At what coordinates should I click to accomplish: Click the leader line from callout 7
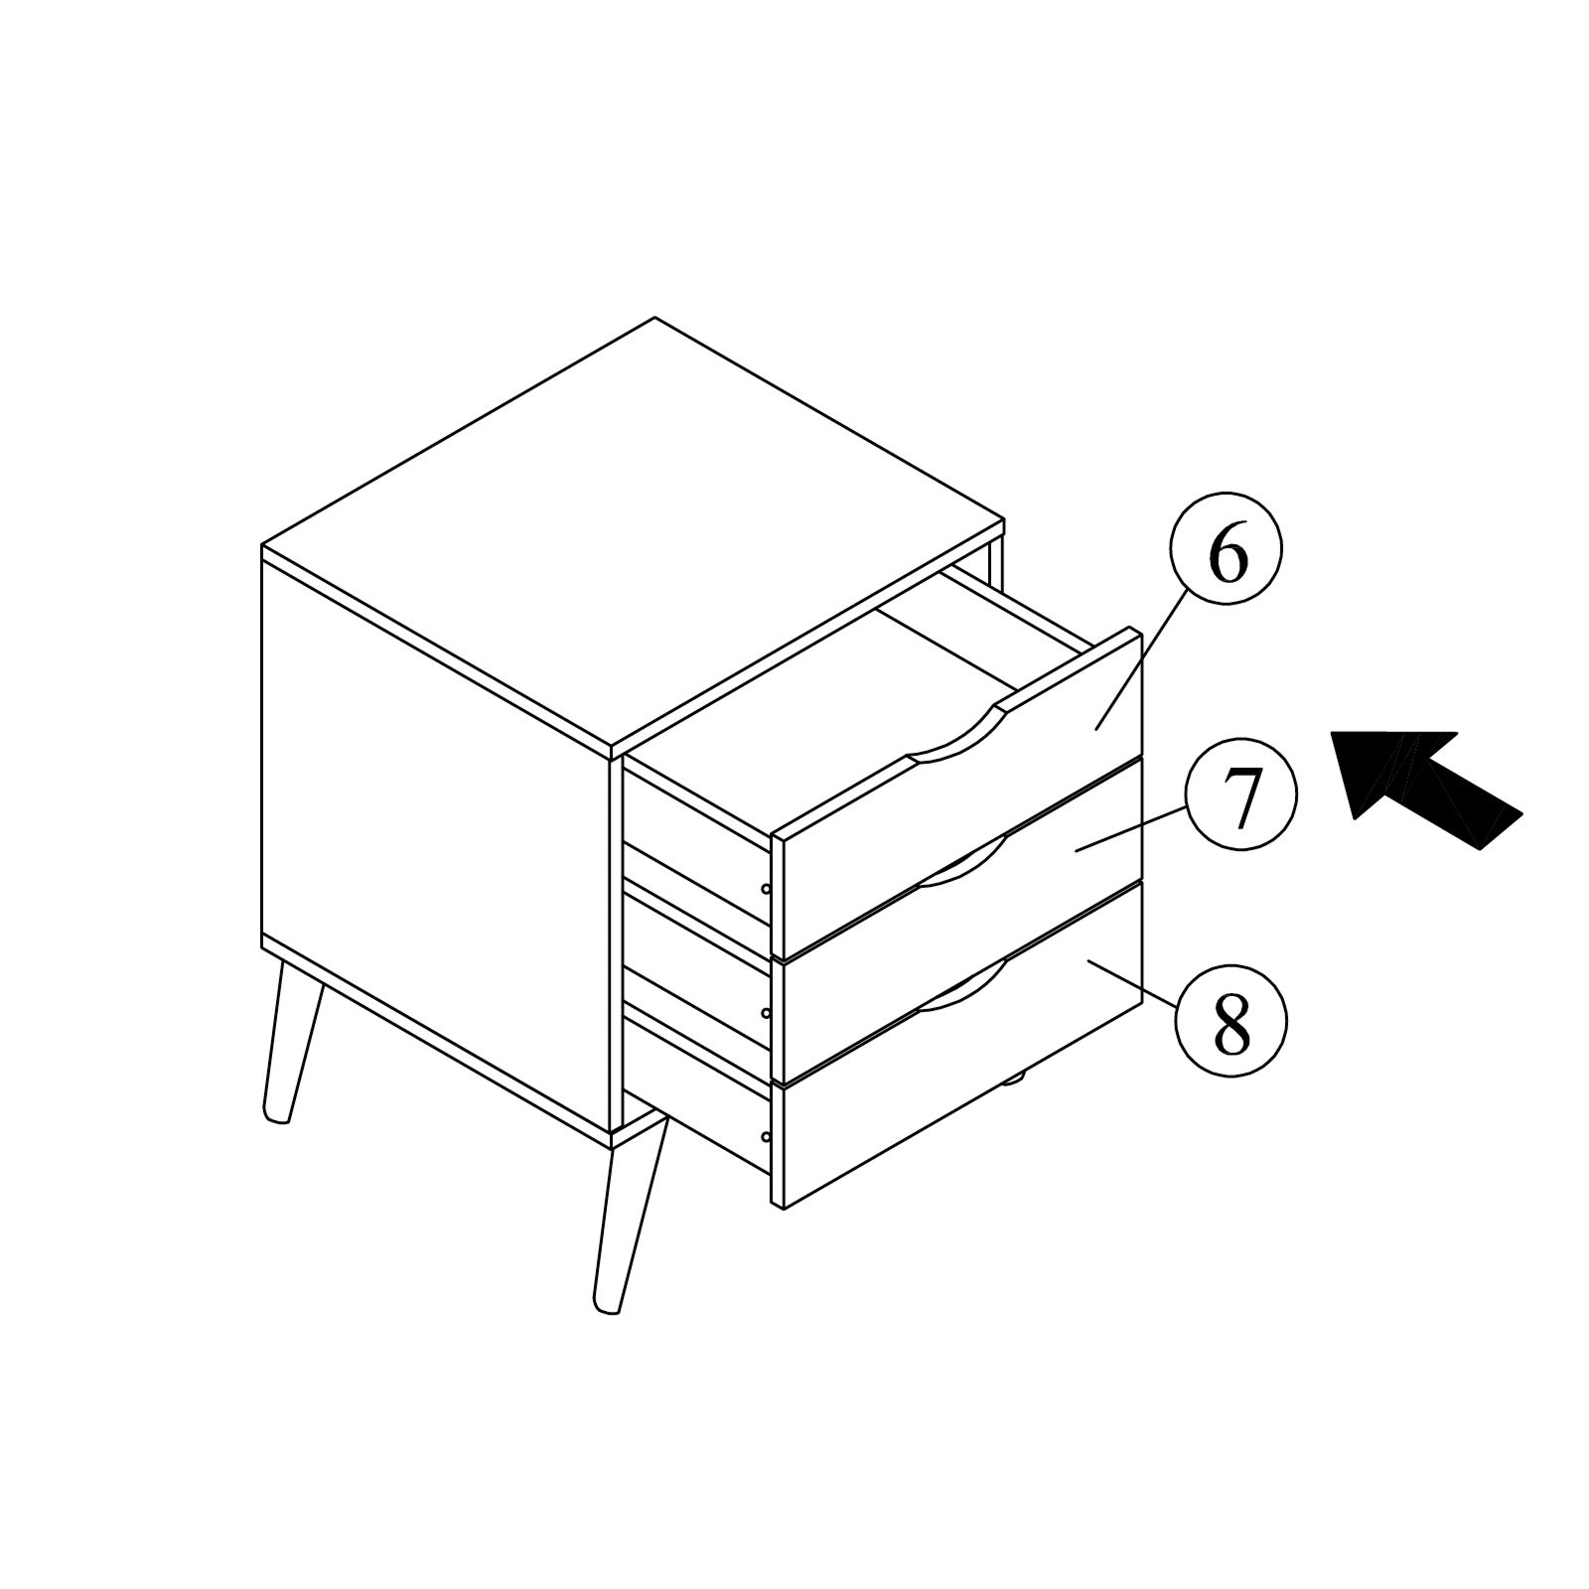click(x=1132, y=828)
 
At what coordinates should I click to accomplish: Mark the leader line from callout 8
click(x=1132, y=982)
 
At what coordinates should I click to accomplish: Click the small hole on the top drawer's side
click(x=765, y=889)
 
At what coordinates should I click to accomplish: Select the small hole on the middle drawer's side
click(x=765, y=1013)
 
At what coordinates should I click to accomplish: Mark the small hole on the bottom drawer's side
click(x=765, y=1136)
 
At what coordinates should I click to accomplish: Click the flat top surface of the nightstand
click(x=636, y=526)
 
